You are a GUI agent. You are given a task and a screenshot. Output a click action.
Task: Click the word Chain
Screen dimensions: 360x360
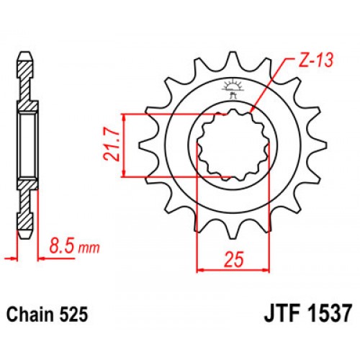[27, 315]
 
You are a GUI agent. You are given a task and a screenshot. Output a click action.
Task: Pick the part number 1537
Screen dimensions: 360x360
[328, 315]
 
